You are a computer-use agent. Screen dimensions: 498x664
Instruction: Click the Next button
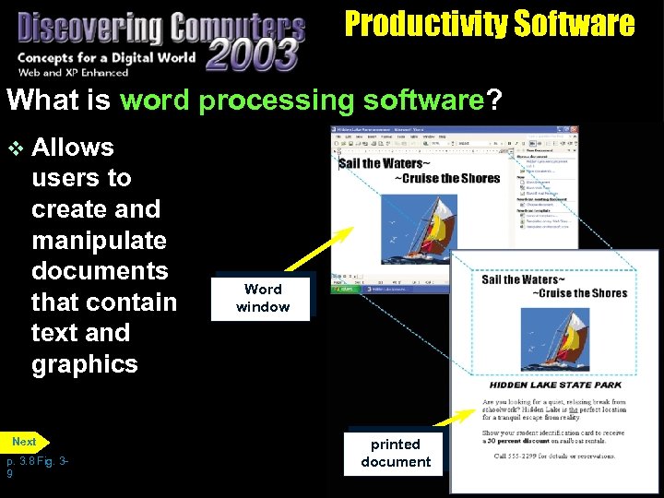(25, 442)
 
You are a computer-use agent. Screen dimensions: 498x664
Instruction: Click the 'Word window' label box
(262, 298)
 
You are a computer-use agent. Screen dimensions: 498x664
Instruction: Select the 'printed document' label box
(396, 453)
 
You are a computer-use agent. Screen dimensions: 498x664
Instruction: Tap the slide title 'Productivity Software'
(489, 24)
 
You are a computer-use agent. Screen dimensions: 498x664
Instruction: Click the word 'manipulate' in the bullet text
(99, 240)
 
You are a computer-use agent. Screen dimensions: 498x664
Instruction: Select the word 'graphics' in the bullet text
(84, 363)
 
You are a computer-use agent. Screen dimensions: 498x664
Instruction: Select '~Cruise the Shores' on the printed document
(578, 293)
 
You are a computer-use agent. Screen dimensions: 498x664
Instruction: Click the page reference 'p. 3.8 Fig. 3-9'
(37, 467)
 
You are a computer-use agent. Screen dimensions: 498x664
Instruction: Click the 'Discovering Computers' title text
(160, 28)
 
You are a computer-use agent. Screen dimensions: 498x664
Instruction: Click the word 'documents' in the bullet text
(99, 271)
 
